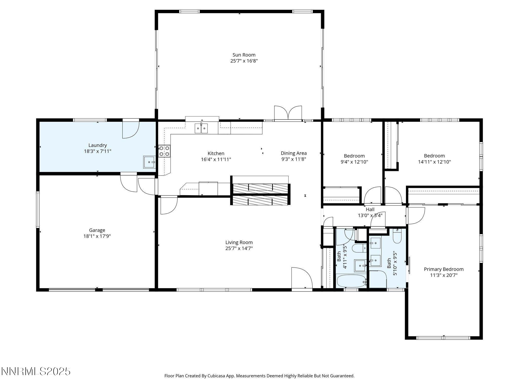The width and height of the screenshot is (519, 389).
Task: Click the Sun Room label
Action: [x=244, y=55]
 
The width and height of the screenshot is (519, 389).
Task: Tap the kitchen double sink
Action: [x=201, y=128]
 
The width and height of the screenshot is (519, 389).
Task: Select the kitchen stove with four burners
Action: [x=164, y=151]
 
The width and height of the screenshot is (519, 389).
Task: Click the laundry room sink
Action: [x=150, y=162]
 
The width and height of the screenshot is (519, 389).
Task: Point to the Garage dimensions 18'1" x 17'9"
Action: [x=97, y=236]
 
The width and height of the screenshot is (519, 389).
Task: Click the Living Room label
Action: [x=239, y=242]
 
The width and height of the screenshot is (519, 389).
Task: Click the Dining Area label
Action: [x=293, y=153]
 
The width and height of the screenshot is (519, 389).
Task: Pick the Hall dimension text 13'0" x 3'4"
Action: [x=370, y=216]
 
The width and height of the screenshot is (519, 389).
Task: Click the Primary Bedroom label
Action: [x=443, y=269]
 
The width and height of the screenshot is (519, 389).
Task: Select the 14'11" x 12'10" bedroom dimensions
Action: [x=434, y=162]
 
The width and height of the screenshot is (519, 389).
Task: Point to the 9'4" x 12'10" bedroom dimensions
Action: [x=354, y=162]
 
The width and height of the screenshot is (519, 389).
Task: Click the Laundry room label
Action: [x=98, y=145]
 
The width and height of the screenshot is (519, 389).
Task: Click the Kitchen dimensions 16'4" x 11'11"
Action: [x=216, y=160]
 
